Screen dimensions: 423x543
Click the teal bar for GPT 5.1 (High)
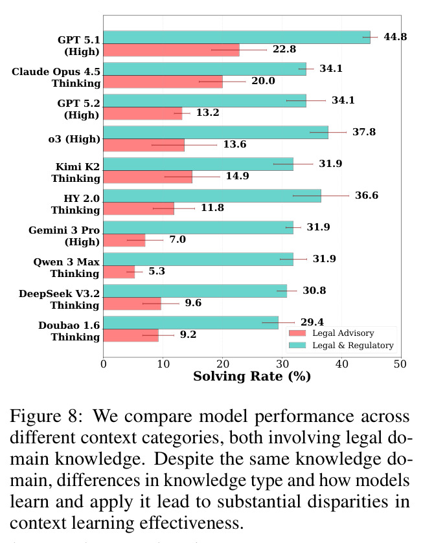pyautogui.click(x=237, y=38)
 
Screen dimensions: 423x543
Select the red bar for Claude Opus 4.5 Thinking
pyautogui.click(x=163, y=82)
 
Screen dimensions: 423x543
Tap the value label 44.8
pyautogui.click(x=395, y=37)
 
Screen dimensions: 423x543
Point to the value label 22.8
pyautogui.click(x=284, y=49)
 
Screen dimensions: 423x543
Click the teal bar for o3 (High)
pyautogui.click(x=216, y=133)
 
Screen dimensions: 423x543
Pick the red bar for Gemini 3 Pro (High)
pyautogui.click(x=124, y=240)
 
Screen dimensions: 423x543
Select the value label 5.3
pyautogui.click(x=157, y=271)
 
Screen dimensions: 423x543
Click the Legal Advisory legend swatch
pyautogui.click(x=297, y=333)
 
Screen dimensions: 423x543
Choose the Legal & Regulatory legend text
pyautogui.click(x=353, y=346)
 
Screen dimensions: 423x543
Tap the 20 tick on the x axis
pyautogui.click(x=223, y=364)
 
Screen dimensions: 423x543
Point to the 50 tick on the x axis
pyautogui.click(x=400, y=364)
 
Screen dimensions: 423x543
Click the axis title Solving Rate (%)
pyautogui.click(x=252, y=377)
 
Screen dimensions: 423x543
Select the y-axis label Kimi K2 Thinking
pyautogui.click(x=76, y=172)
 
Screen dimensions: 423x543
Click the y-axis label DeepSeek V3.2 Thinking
pyautogui.click(x=60, y=300)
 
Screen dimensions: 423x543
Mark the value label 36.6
pyautogui.click(x=367, y=195)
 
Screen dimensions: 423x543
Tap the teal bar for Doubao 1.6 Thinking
pyautogui.click(x=190, y=323)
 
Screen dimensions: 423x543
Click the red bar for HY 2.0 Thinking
pyautogui.click(x=139, y=209)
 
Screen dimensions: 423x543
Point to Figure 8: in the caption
pyautogui.click(x=46, y=416)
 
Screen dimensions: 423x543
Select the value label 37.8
pyautogui.click(x=364, y=132)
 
